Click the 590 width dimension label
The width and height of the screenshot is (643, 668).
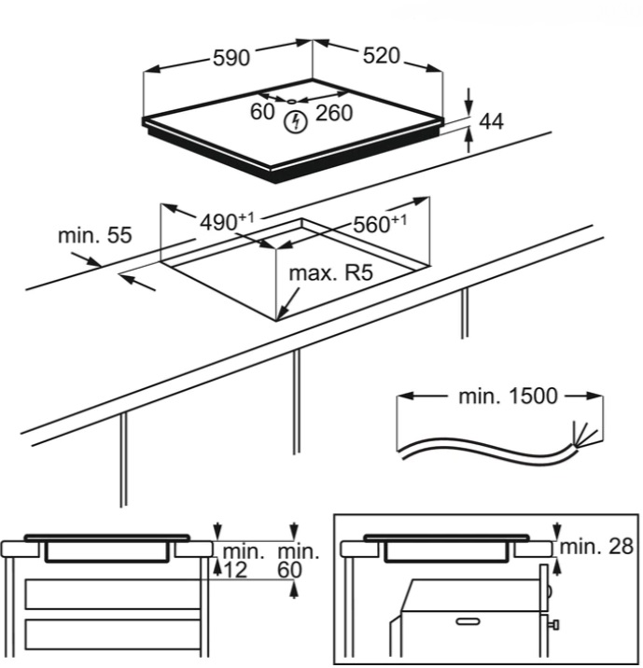click(x=230, y=57)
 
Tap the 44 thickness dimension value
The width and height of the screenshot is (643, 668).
click(x=491, y=122)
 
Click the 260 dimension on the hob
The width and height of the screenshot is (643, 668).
click(x=333, y=113)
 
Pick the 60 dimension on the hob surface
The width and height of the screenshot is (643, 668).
click(x=262, y=112)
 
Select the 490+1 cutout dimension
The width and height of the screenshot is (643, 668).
click(x=227, y=222)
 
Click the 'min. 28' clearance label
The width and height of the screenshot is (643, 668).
click(x=598, y=546)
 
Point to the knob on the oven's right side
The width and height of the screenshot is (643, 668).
click(x=556, y=624)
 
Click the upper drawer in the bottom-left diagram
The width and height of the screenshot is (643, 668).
click(x=113, y=593)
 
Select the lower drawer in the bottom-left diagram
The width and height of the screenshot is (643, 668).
click(x=113, y=638)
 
